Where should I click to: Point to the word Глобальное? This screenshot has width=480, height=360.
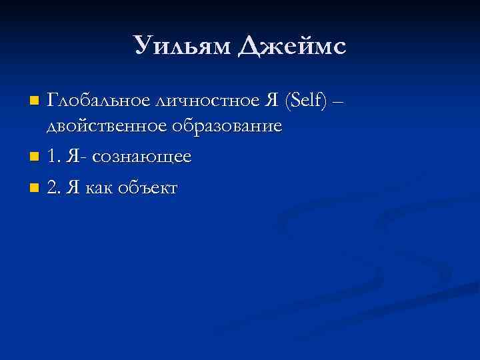97,101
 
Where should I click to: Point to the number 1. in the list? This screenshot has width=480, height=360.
53,157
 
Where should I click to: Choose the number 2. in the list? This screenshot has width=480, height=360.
53,188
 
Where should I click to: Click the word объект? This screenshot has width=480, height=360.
147,189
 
